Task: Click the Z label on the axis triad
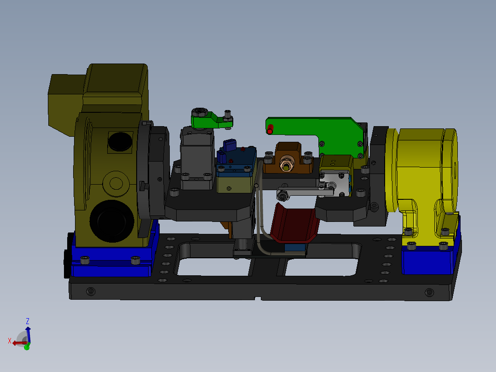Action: (x=28, y=321)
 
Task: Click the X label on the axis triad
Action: (x=9, y=341)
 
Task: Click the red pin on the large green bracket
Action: (x=270, y=129)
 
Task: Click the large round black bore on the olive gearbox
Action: (x=110, y=220)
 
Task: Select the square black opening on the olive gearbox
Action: (x=121, y=142)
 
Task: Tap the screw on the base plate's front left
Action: (x=91, y=291)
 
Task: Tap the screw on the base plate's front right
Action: (x=429, y=292)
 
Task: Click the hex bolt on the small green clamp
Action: (x=199, y=112)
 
